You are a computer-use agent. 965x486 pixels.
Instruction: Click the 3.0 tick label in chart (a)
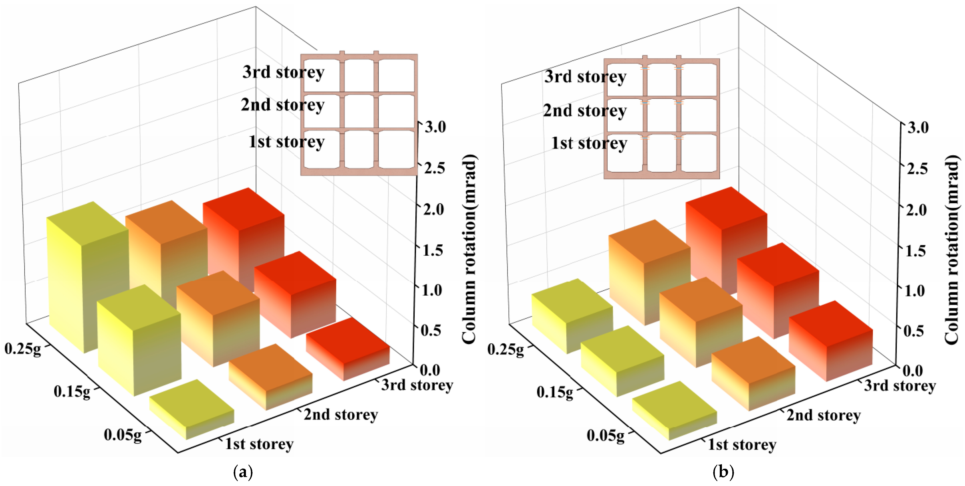435,127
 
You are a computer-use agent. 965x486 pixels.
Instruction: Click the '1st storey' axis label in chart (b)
742,445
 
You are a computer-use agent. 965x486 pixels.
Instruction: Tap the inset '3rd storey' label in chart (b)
585,77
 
